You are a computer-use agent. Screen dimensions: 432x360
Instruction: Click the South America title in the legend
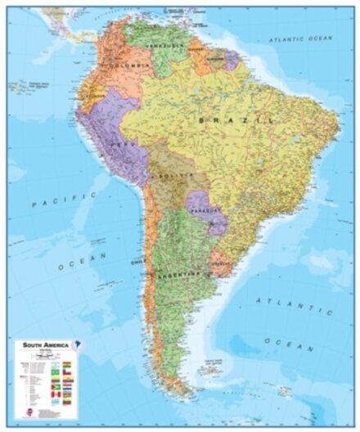coord(36,344)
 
